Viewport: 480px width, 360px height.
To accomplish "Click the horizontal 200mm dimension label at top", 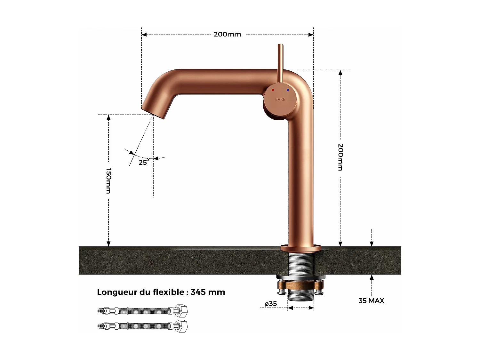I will pos(227,34).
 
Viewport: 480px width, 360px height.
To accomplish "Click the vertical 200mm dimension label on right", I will pos(340,157).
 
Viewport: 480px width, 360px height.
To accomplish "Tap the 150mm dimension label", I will pos(108,181).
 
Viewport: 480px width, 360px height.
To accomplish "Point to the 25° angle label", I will pos(144,163).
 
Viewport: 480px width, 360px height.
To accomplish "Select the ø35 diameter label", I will pos(271,304).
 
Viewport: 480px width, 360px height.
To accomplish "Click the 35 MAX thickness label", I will pos(371,301).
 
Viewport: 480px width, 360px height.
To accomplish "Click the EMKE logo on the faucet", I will pos(280,100).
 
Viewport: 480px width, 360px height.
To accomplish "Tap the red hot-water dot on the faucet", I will pos(273,90).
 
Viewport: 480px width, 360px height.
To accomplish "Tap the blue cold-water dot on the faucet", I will pos(288,90).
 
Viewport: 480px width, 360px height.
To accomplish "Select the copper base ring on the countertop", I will pos(301,248).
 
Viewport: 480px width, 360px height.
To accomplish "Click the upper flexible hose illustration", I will pos(142,311).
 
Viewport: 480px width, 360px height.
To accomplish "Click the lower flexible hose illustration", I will pos(142,326).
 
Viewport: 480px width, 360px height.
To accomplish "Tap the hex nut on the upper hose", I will pos(181,311).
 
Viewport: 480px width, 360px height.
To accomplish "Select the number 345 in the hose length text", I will pos(198,292).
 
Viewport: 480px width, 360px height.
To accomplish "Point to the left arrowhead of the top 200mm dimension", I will pos(144,35).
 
